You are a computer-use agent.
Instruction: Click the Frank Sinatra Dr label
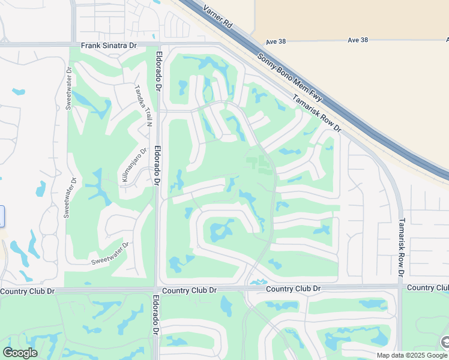point(109,45)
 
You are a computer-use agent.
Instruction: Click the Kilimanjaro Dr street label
point(134,166)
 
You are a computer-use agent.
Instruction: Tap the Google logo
point(20,352)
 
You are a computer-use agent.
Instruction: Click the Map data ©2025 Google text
point(411,355)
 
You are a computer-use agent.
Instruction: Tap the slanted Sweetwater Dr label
point(110,253)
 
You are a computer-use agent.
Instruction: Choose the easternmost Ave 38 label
point(357,40)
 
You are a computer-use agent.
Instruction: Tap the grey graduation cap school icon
point(445,342)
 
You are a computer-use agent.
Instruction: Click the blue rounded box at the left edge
point(2,216)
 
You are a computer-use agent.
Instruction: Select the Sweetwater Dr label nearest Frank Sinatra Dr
point(68,88)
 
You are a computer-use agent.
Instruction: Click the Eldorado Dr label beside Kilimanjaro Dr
point(157,166)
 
